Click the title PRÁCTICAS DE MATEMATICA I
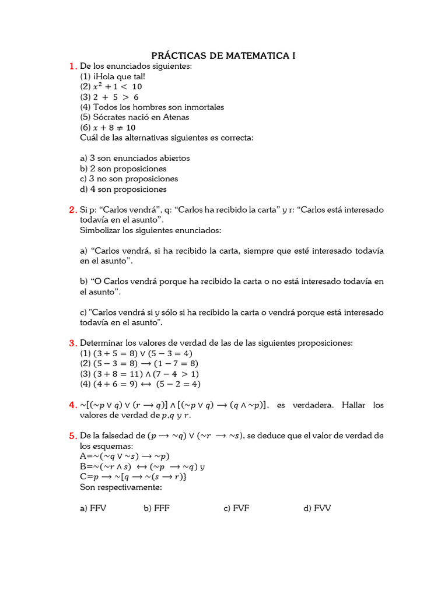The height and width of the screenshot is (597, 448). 223,56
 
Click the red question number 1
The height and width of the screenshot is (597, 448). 72,66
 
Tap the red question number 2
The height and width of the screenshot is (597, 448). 72,210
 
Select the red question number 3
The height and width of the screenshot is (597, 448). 72,343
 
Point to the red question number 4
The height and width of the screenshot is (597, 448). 72,405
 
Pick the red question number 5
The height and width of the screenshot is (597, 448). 72,436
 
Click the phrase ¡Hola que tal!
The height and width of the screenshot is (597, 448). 113,76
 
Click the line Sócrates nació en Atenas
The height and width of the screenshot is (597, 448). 134,117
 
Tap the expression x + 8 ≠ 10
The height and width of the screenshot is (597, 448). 108,128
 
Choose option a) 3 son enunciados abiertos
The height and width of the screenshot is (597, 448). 135,158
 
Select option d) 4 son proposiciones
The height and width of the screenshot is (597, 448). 123,189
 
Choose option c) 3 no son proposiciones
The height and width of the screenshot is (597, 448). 129,179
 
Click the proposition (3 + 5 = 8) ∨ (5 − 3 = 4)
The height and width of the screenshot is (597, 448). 136,353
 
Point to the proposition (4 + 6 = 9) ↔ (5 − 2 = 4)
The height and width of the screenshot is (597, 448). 140,384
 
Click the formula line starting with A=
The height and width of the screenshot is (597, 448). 124,456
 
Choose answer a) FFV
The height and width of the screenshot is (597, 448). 93,508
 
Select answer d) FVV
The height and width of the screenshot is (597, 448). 317,508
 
